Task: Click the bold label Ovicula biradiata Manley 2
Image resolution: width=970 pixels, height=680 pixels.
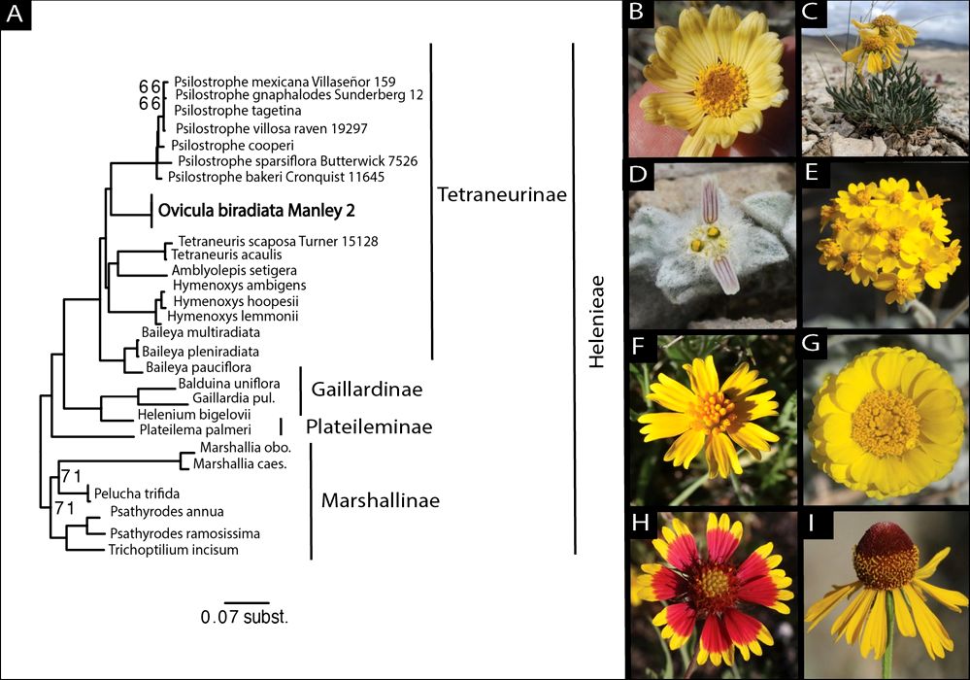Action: [x=256, y=211]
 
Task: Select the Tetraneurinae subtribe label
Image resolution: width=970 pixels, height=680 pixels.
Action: [x=502, y=194]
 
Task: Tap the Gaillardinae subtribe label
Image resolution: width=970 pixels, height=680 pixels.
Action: [x=367, y=389]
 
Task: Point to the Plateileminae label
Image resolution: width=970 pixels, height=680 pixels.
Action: [x=369, y=426]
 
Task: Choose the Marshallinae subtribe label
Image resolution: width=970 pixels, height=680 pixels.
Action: [x=381, y=500]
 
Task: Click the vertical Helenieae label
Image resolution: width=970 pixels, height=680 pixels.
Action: [x=596, y=322]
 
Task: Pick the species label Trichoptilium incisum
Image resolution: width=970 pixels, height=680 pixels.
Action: [x=173, y=550]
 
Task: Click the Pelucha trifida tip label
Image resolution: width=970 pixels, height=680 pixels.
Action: [x=137, y=493]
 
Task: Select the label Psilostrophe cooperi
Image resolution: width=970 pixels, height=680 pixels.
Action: [x=233, y=146]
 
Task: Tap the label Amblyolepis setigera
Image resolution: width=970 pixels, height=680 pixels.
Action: [x=234, y=270]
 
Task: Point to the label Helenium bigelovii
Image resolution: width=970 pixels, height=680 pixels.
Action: [x=193, y=415]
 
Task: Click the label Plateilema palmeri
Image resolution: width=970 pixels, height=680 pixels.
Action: [x=195, y=429]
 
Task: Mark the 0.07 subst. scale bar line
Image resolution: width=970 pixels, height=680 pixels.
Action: [x=247, y=602]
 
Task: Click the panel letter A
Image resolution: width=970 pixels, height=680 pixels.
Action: [x=15, y=14]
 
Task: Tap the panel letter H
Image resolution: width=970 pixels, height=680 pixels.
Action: [x=640, y=523]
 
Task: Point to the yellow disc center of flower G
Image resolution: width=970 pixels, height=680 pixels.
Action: [x=886, y=424]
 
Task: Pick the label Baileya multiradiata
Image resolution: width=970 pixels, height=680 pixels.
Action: [x=200, y=332]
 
